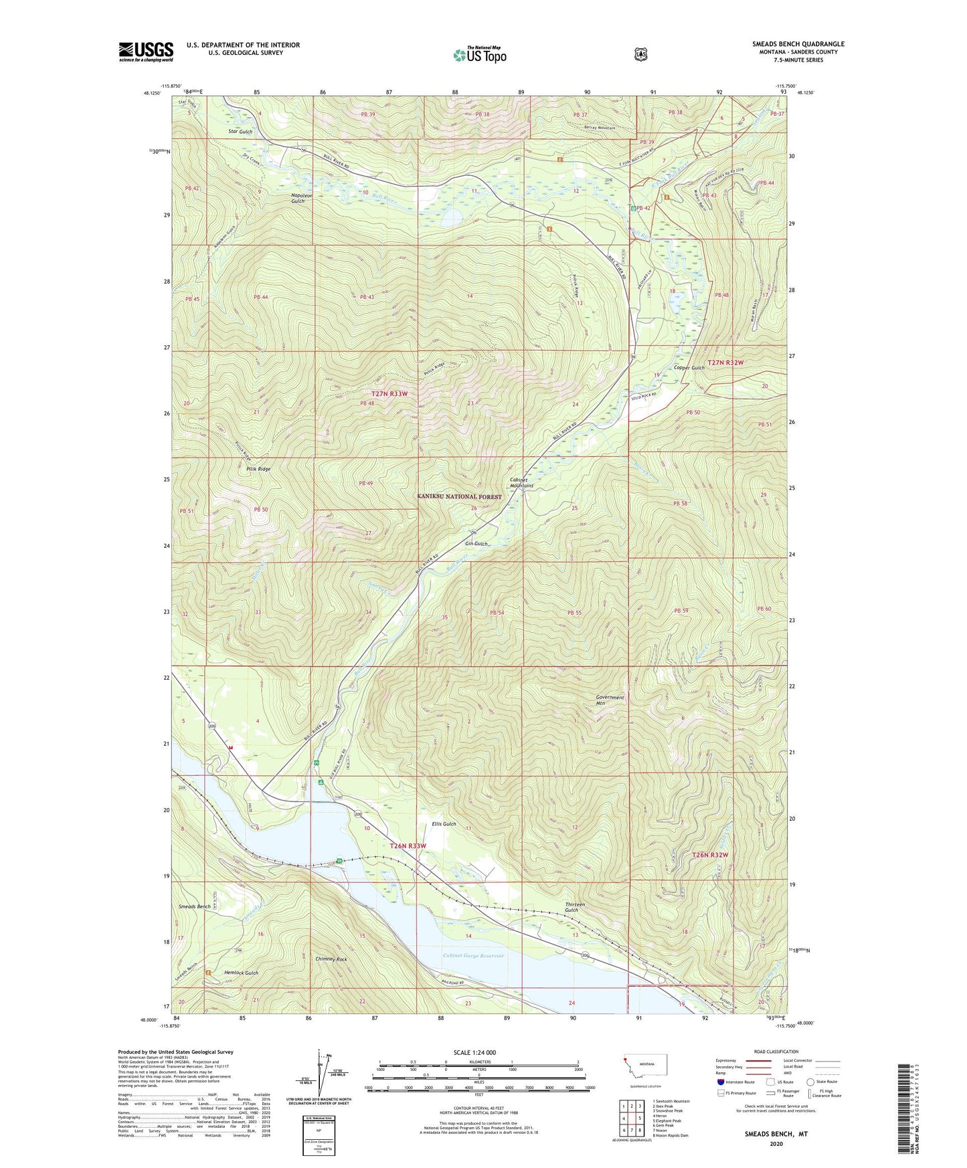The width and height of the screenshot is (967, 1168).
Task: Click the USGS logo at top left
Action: point(146,52)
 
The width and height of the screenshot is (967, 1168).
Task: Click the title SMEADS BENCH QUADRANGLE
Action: point(798,44)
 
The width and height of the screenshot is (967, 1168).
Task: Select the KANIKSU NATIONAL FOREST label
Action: point(459,496)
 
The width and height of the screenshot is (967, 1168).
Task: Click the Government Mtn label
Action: point(610,700)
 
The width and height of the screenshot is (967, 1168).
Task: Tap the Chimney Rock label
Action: point(331,959)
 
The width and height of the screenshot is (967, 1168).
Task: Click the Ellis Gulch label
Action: point(444,824)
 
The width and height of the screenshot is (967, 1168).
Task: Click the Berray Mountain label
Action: point(599,128)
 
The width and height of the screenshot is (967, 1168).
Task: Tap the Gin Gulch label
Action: point(476,544)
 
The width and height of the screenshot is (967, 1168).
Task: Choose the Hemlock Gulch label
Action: point(241,973)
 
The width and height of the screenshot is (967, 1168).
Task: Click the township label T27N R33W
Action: point(389,394)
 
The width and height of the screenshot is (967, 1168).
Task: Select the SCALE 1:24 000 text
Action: point(474,1052)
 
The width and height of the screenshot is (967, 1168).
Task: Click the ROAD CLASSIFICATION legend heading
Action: point(776,1052)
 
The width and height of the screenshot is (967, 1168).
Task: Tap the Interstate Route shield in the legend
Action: point(720,1081)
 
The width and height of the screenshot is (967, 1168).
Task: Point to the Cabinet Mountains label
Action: point(521,483)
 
